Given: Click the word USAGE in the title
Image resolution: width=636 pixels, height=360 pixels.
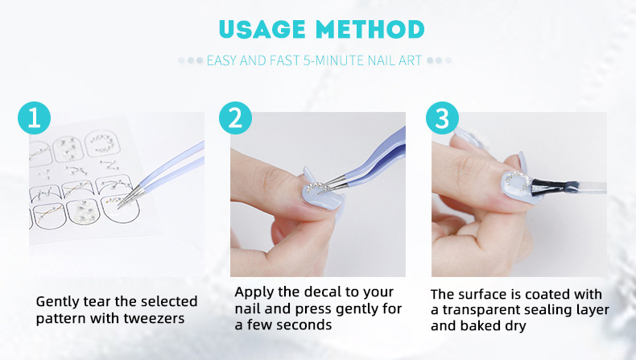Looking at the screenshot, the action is click(x=262, y=29).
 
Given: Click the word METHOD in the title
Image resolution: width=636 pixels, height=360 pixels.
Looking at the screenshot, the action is click(x=370, y=29).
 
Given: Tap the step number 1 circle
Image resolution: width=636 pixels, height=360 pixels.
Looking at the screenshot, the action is click(x=34, y=118).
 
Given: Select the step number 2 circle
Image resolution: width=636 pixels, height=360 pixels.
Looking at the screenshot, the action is click(x=235, y=118).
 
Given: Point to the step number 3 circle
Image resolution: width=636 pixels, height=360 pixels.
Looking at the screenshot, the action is click(x=442, y=118).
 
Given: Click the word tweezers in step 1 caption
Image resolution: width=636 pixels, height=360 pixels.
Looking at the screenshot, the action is click(x=154, y=319).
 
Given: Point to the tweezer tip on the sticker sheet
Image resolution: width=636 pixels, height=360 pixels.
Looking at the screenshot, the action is click(x=118, y=207).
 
